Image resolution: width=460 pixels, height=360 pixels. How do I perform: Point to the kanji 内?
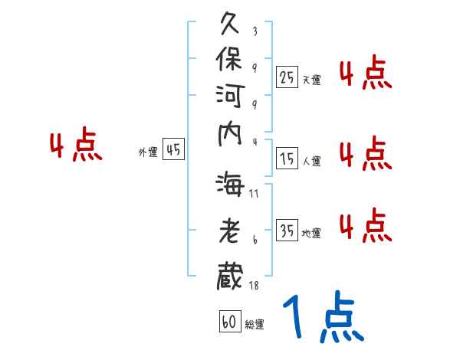tap(232, 145)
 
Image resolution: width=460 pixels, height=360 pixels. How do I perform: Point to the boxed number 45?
tap(174, 150)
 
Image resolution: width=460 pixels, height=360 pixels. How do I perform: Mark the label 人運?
tap(311, 161)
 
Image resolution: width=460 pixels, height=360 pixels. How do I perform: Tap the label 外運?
tap(148, 152)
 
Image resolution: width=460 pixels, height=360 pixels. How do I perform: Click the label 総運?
tap(255, 324)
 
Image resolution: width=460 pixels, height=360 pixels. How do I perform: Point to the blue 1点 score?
tap(323, 318)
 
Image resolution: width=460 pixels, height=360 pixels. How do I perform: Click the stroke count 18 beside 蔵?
tap(254, 286)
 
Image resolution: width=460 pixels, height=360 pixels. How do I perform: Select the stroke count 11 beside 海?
tap(254, 193)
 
